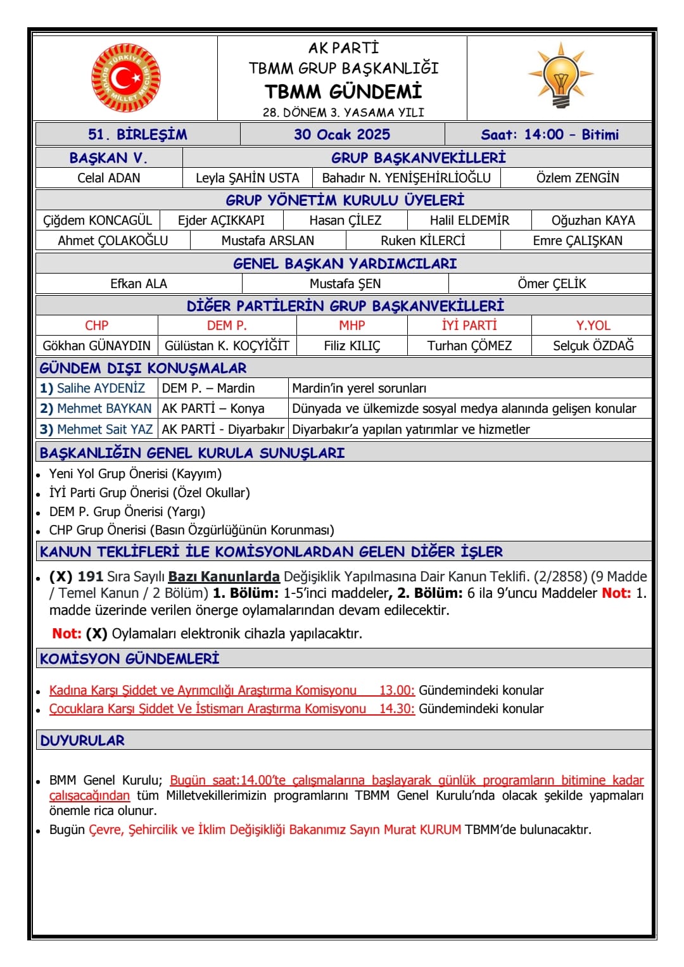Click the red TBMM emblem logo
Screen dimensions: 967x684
(125, 78)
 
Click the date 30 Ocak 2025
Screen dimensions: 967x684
(342, 134)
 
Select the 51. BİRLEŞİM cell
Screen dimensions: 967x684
(137, 134)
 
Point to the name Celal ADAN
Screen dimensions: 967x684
(109, 178)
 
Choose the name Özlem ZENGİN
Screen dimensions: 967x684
(578, 178)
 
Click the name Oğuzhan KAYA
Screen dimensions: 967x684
(593, 220)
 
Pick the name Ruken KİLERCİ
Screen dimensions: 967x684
(422, 241)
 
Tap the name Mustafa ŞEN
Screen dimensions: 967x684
(345, 284)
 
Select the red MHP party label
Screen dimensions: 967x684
(352, 325)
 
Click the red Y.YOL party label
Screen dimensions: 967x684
(593, 325)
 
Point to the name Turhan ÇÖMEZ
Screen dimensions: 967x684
(469, 346)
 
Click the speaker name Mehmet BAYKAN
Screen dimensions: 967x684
(104, 408)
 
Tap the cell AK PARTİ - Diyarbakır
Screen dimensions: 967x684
(223, 429)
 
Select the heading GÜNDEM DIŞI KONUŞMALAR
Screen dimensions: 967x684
(143, 368)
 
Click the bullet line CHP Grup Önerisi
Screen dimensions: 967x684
(191, 530)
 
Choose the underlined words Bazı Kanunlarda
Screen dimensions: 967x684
(224, 576)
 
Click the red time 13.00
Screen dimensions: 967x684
(396, 690)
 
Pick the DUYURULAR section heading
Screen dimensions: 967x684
(82, 740)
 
